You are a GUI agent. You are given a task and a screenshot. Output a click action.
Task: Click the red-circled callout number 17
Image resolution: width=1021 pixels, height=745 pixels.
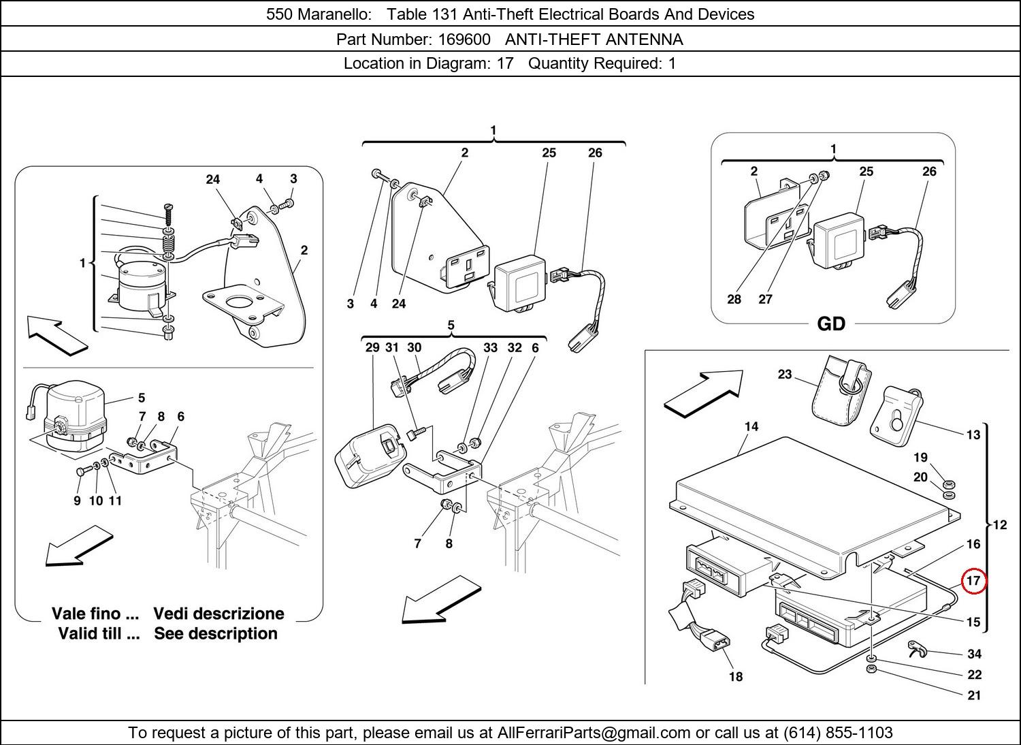tap(973, 581)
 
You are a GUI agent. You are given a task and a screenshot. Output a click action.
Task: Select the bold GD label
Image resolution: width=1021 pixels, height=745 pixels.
tap(830, 324)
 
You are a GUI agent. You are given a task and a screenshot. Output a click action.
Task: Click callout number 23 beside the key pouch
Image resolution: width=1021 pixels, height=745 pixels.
tap(785, 375)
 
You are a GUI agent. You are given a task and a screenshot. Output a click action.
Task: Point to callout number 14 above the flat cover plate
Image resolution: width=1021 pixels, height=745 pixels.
tap(751, 427)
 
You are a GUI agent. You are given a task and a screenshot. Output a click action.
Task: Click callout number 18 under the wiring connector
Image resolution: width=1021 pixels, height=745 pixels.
tap(736, 676)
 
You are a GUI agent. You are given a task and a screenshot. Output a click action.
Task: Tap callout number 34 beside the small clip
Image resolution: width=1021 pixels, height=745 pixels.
tap(974, 654)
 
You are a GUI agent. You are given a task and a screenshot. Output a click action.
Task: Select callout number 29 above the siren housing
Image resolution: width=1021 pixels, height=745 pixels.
tap(372, 347)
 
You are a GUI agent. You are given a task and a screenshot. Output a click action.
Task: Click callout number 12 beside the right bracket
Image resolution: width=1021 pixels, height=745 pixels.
tap(1000, 525)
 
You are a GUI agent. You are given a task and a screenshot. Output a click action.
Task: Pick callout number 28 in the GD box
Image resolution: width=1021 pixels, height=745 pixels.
tap(734, 299)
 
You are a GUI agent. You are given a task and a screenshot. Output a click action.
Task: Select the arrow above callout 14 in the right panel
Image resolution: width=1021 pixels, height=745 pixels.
tap(702, 392)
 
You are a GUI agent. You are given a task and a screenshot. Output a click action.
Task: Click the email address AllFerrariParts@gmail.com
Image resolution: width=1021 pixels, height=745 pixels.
tap(594, 733)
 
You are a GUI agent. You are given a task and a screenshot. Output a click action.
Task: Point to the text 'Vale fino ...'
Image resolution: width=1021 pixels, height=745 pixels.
tap(95, 614)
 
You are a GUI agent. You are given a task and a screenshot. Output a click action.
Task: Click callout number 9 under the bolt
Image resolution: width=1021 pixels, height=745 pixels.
tap(77, 501)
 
